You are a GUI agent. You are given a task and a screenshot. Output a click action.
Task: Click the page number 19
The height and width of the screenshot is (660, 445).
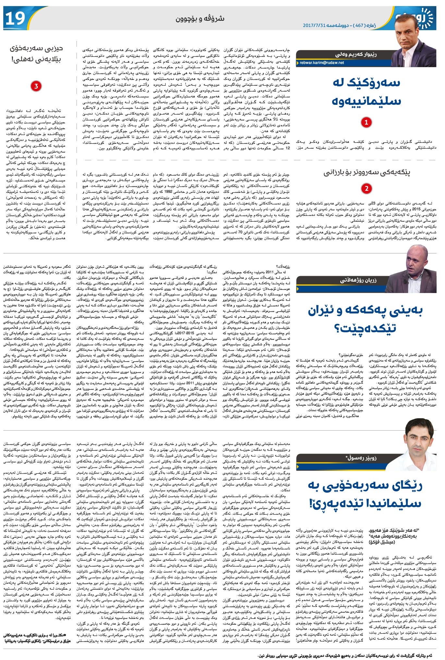[15, 18]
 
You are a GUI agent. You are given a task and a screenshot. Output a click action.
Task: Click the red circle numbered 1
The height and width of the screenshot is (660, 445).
[366, 122]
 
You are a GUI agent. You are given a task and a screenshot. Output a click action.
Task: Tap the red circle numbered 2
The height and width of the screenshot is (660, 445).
[366, 189]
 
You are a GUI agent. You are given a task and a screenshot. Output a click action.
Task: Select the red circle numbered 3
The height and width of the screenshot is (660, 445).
[36, 86]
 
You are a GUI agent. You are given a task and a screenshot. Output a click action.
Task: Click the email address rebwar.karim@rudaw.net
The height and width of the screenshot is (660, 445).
[322, 63]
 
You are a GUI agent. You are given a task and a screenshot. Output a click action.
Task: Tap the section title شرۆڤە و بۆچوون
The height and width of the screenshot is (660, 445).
[200, 18]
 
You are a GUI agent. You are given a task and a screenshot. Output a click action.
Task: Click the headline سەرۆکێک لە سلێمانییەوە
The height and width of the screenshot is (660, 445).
[366, 92]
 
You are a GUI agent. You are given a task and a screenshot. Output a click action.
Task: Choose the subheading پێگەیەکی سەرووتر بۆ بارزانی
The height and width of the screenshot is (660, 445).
[367, 173]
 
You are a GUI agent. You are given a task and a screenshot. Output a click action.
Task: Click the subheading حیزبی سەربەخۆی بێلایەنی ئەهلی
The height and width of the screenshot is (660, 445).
[36, 54]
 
